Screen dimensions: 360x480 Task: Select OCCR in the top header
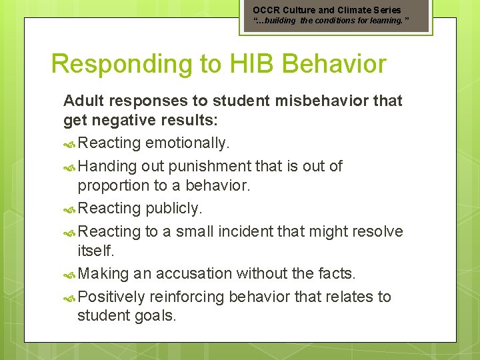coord(267,10)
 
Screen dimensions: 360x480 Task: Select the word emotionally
coord(188,143)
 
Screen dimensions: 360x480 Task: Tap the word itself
coord(96,251)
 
